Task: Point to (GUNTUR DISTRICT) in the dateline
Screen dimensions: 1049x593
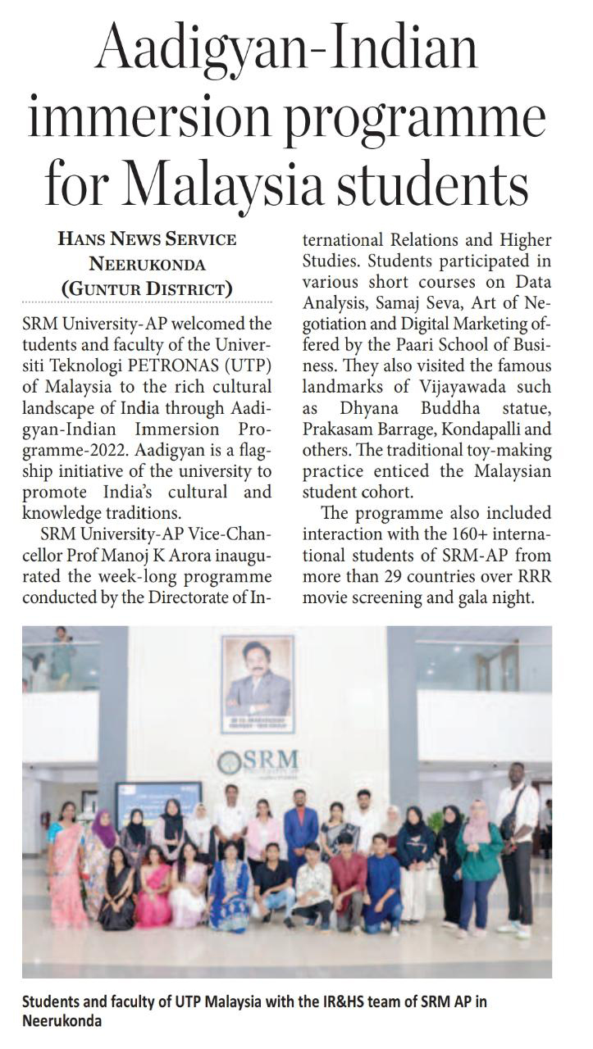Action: click(x=147, y=288)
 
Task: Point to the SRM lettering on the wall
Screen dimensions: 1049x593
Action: click(x=262, y=761)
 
